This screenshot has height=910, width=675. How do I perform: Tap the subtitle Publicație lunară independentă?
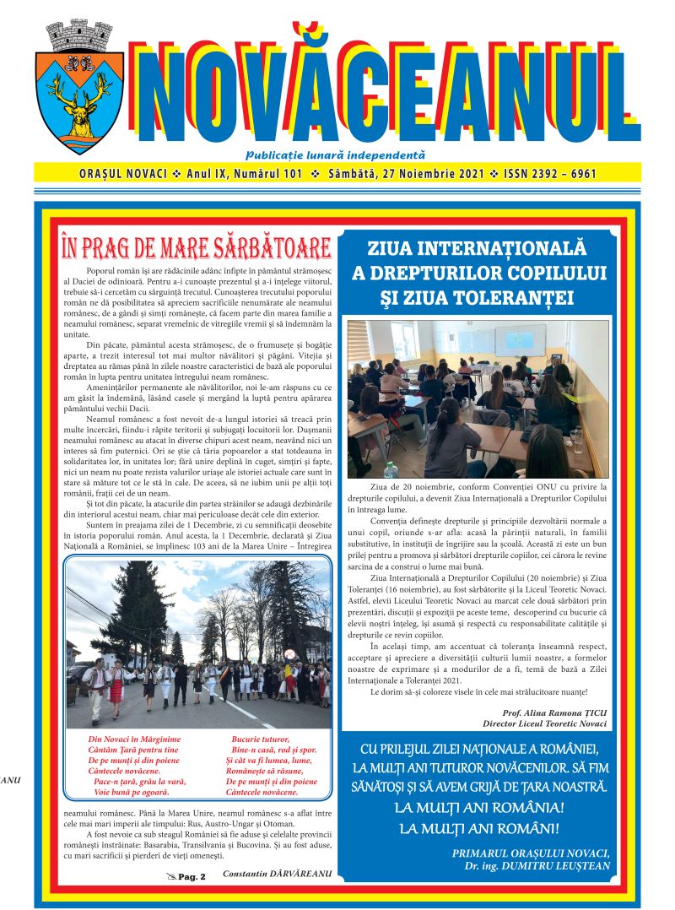click(335, 154)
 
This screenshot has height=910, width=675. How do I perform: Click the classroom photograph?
click(478, 398)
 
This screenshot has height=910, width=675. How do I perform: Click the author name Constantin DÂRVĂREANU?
click(277, 873)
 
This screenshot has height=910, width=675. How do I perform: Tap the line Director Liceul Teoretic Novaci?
click(544, 724)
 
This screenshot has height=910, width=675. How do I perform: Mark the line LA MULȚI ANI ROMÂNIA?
click(479, 808)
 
